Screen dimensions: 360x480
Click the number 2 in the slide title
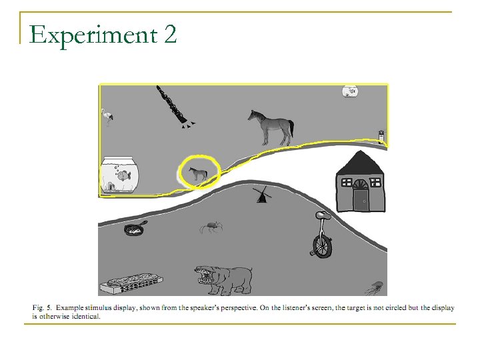pos(169,33)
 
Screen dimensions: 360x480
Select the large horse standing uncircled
pos(272,127)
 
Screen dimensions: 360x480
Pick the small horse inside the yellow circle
pos(197,175)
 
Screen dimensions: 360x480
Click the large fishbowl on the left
pos(120,175)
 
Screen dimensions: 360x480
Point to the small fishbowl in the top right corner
pos(349,91)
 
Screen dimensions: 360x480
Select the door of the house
pos(361,199)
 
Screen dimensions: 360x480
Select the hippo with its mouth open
pos(223,278)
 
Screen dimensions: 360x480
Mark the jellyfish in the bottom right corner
pos(376,287)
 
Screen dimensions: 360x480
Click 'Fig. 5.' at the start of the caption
pos(42,307)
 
